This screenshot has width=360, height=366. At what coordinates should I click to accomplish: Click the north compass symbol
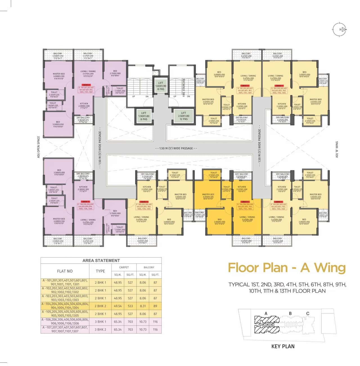pyautogui.click(x=340, y=29)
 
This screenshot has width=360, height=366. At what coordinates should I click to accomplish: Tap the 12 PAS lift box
pyautogui.click(x=183, y=116)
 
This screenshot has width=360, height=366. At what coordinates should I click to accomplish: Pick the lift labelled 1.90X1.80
pyautogui.click(x=144, y=116)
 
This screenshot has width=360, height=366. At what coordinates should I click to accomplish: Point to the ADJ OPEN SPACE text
pyautogui.click(x=39, y=147)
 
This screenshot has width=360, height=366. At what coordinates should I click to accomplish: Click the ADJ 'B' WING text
pyautogui.click(x=337, y=149)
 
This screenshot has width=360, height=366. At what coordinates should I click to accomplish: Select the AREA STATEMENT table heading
pyautogui.click(x=101, y=260)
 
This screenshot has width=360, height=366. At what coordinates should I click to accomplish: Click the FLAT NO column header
pyautogui.click(x=65, y=271)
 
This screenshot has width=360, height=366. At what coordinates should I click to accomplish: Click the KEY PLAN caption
pyautogui.click(x=283, y=346)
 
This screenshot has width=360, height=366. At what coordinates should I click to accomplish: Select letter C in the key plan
pyautogui.click(x=308, y=313)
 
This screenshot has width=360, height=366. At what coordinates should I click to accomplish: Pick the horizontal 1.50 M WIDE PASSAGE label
pyautogui.click(x=176, y=148)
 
